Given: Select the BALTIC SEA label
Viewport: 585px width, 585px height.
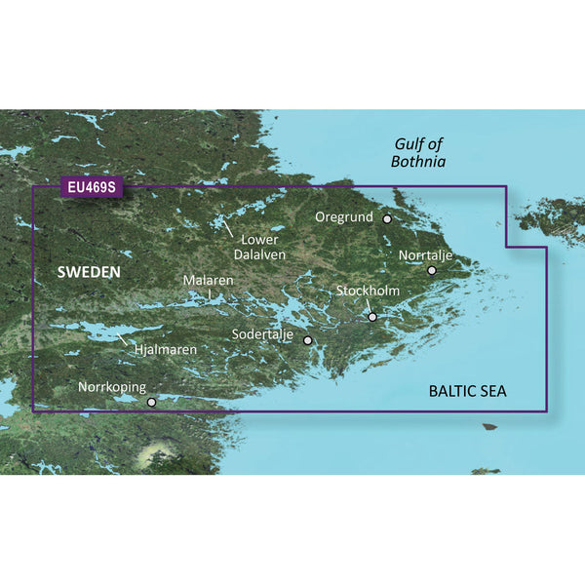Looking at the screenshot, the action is click(x=473, y=391).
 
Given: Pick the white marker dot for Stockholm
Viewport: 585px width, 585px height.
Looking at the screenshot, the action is click(x=371, y=316).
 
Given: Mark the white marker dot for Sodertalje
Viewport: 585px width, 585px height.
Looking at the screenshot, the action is click(x=308, y=340).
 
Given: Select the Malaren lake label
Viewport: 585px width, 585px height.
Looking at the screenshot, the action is click(x=209, y=281).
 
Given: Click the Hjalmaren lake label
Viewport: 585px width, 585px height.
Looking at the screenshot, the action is click(x=166, y=348).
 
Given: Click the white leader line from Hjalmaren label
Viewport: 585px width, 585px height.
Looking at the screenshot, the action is click(x=126, y=339).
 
